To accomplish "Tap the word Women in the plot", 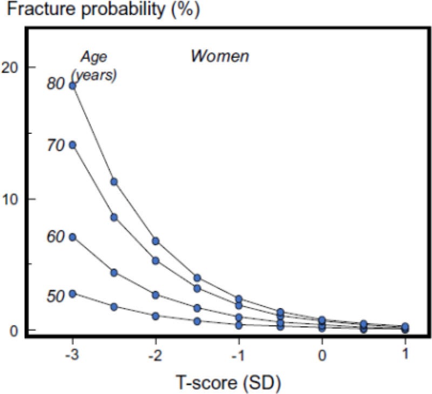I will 219,56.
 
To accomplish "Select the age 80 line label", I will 56,85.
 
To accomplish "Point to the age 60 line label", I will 56,236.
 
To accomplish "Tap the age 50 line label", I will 56,295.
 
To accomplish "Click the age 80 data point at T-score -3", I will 72,86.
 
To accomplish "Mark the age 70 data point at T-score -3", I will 72,145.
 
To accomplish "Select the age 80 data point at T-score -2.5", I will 114,181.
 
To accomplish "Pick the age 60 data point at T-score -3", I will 72,237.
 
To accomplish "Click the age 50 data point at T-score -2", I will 156,316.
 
